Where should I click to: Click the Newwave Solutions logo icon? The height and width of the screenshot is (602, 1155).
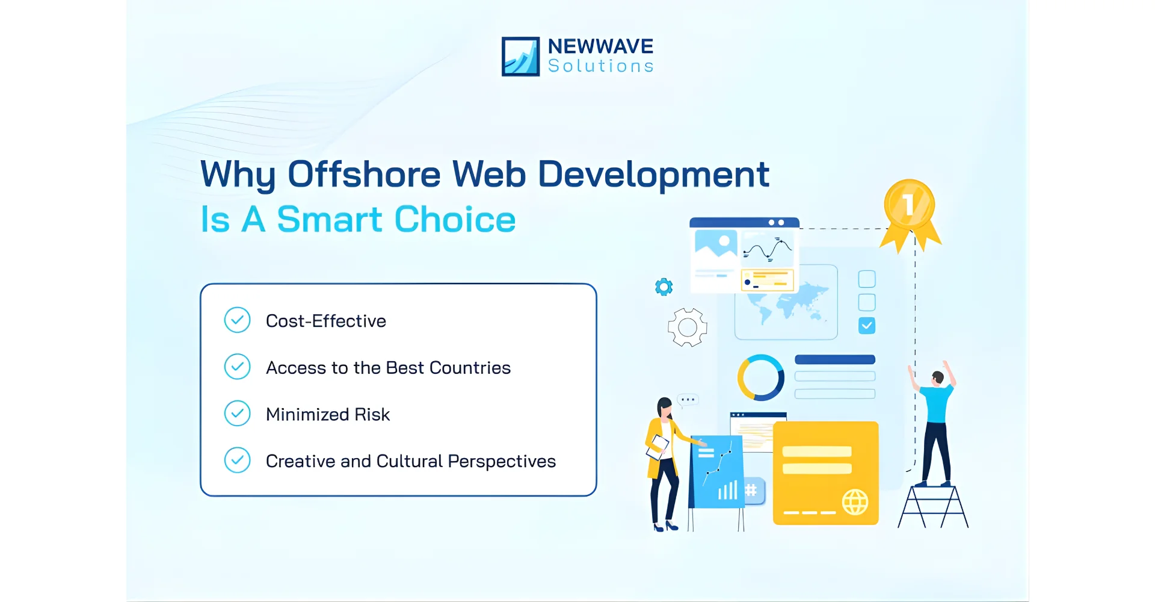520,57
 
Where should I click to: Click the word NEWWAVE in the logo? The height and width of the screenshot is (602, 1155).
600,46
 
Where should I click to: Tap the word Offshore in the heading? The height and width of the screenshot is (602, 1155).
364,175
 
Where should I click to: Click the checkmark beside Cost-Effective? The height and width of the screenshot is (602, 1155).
237,320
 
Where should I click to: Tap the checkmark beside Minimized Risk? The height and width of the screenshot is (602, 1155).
237,414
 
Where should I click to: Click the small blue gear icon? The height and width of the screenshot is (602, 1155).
664,287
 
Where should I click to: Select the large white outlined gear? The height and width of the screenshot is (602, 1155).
687,327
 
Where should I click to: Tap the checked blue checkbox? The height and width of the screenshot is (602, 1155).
866,326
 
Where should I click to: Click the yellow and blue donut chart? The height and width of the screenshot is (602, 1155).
760,377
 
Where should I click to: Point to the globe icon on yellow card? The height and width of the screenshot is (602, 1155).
854,501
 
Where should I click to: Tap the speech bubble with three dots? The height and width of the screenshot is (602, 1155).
688,400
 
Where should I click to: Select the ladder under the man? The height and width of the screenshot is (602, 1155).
932,507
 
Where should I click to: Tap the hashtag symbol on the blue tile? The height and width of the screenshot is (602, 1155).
751,490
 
